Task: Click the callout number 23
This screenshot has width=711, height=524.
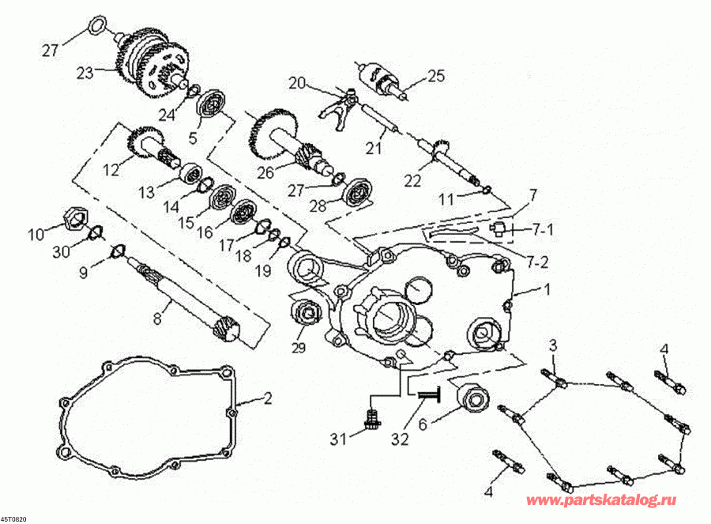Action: (x=85, y=72)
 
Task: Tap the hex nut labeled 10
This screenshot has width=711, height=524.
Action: (x=73, y=217)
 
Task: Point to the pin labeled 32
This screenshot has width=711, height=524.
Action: (x=430, y=395)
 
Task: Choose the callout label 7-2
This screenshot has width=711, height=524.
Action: (x=537, y=262)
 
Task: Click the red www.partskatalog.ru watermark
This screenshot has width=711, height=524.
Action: (x=601, y=500)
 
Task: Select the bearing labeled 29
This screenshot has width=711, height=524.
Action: (x=308, y=315)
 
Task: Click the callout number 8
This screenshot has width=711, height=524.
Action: (x=157, y=319)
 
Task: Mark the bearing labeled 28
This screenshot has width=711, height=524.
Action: (x=357, y=193)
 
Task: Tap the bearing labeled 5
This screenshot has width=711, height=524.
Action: (x=213, y=106)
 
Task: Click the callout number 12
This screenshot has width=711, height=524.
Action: (x=111, y=170)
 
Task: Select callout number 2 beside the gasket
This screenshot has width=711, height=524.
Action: (x=268, y=398)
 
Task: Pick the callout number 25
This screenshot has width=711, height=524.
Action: (x=436, y=76)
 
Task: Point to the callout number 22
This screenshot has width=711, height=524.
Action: (x=412, y=181)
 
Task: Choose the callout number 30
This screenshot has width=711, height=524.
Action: (x=62, y=251)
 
